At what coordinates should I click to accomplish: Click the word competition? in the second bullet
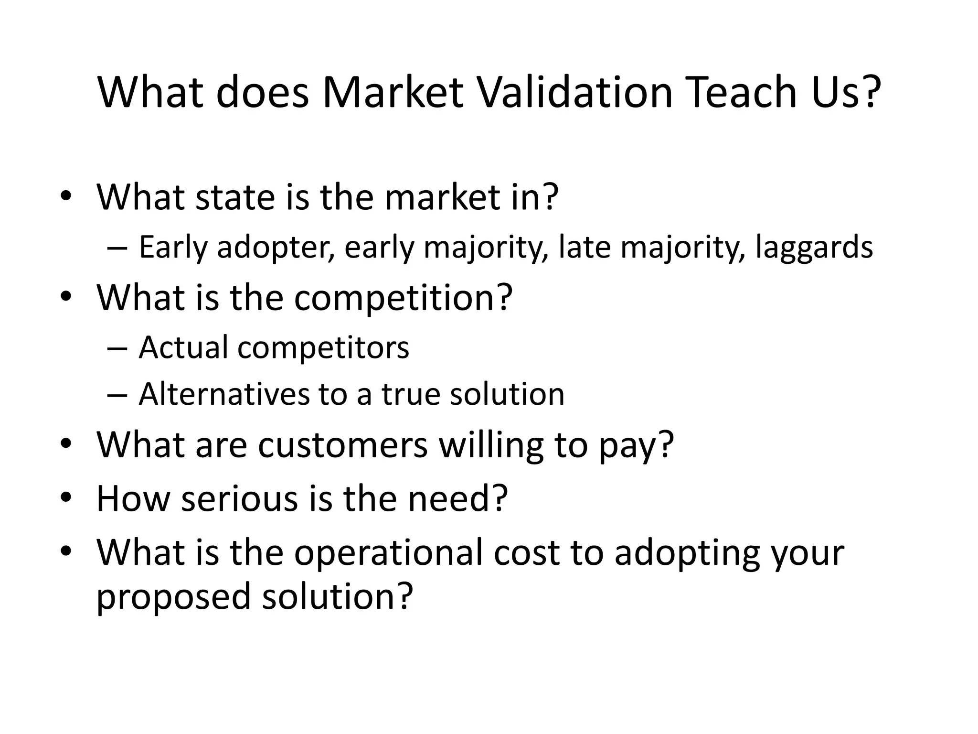(x=403, y=297)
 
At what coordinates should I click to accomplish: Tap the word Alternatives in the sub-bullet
(x=224, y=394)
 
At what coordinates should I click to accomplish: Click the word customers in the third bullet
(x=342, y=444)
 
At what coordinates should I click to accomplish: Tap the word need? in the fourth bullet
(x=457, y=498)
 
